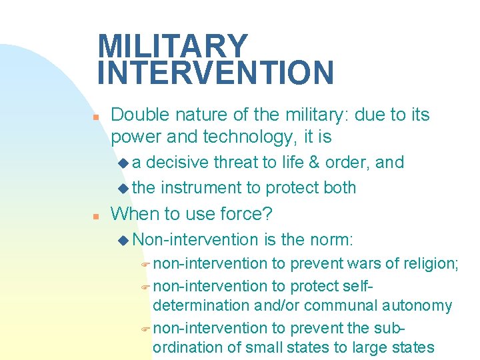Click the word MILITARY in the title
[x=172, y=46]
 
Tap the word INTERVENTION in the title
[x=215, y=73]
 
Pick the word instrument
[x=203, y=188]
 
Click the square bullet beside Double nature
[x=96, y=117]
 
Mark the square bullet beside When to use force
[x=96, y=216]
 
